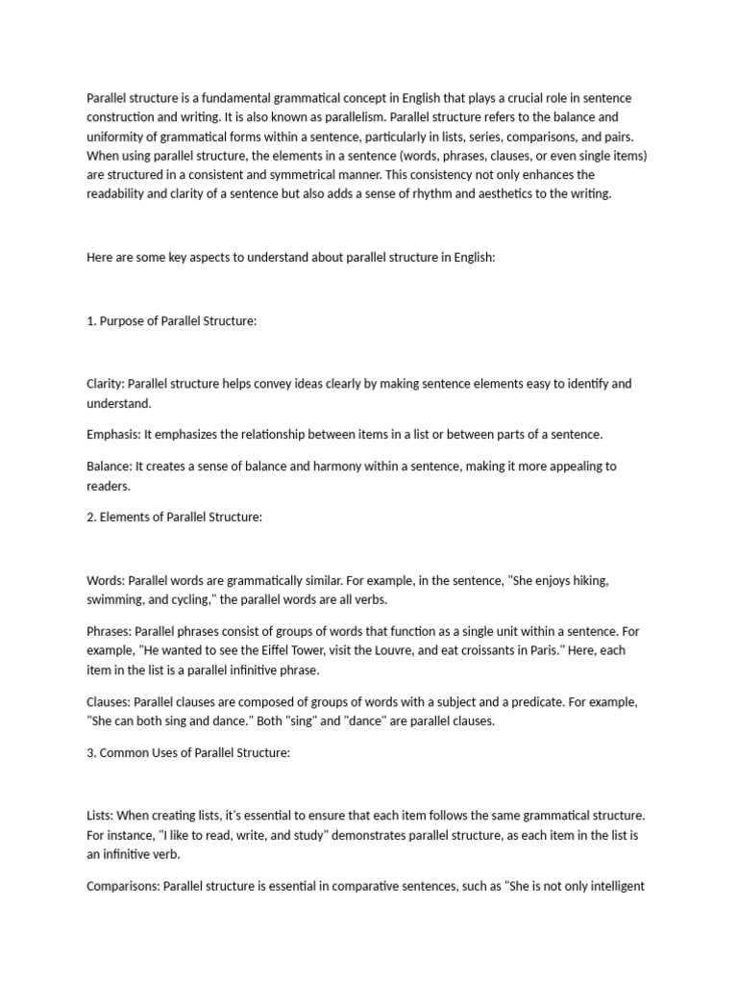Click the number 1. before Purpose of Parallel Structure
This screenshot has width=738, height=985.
(x=91, y=320)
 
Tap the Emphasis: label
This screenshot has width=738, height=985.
(x=113, y=434)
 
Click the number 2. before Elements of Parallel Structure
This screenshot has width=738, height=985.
(x=91, y=517)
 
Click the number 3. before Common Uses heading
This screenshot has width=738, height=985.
(x=91, y=752)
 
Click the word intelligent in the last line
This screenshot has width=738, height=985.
(x=609, y=886)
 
